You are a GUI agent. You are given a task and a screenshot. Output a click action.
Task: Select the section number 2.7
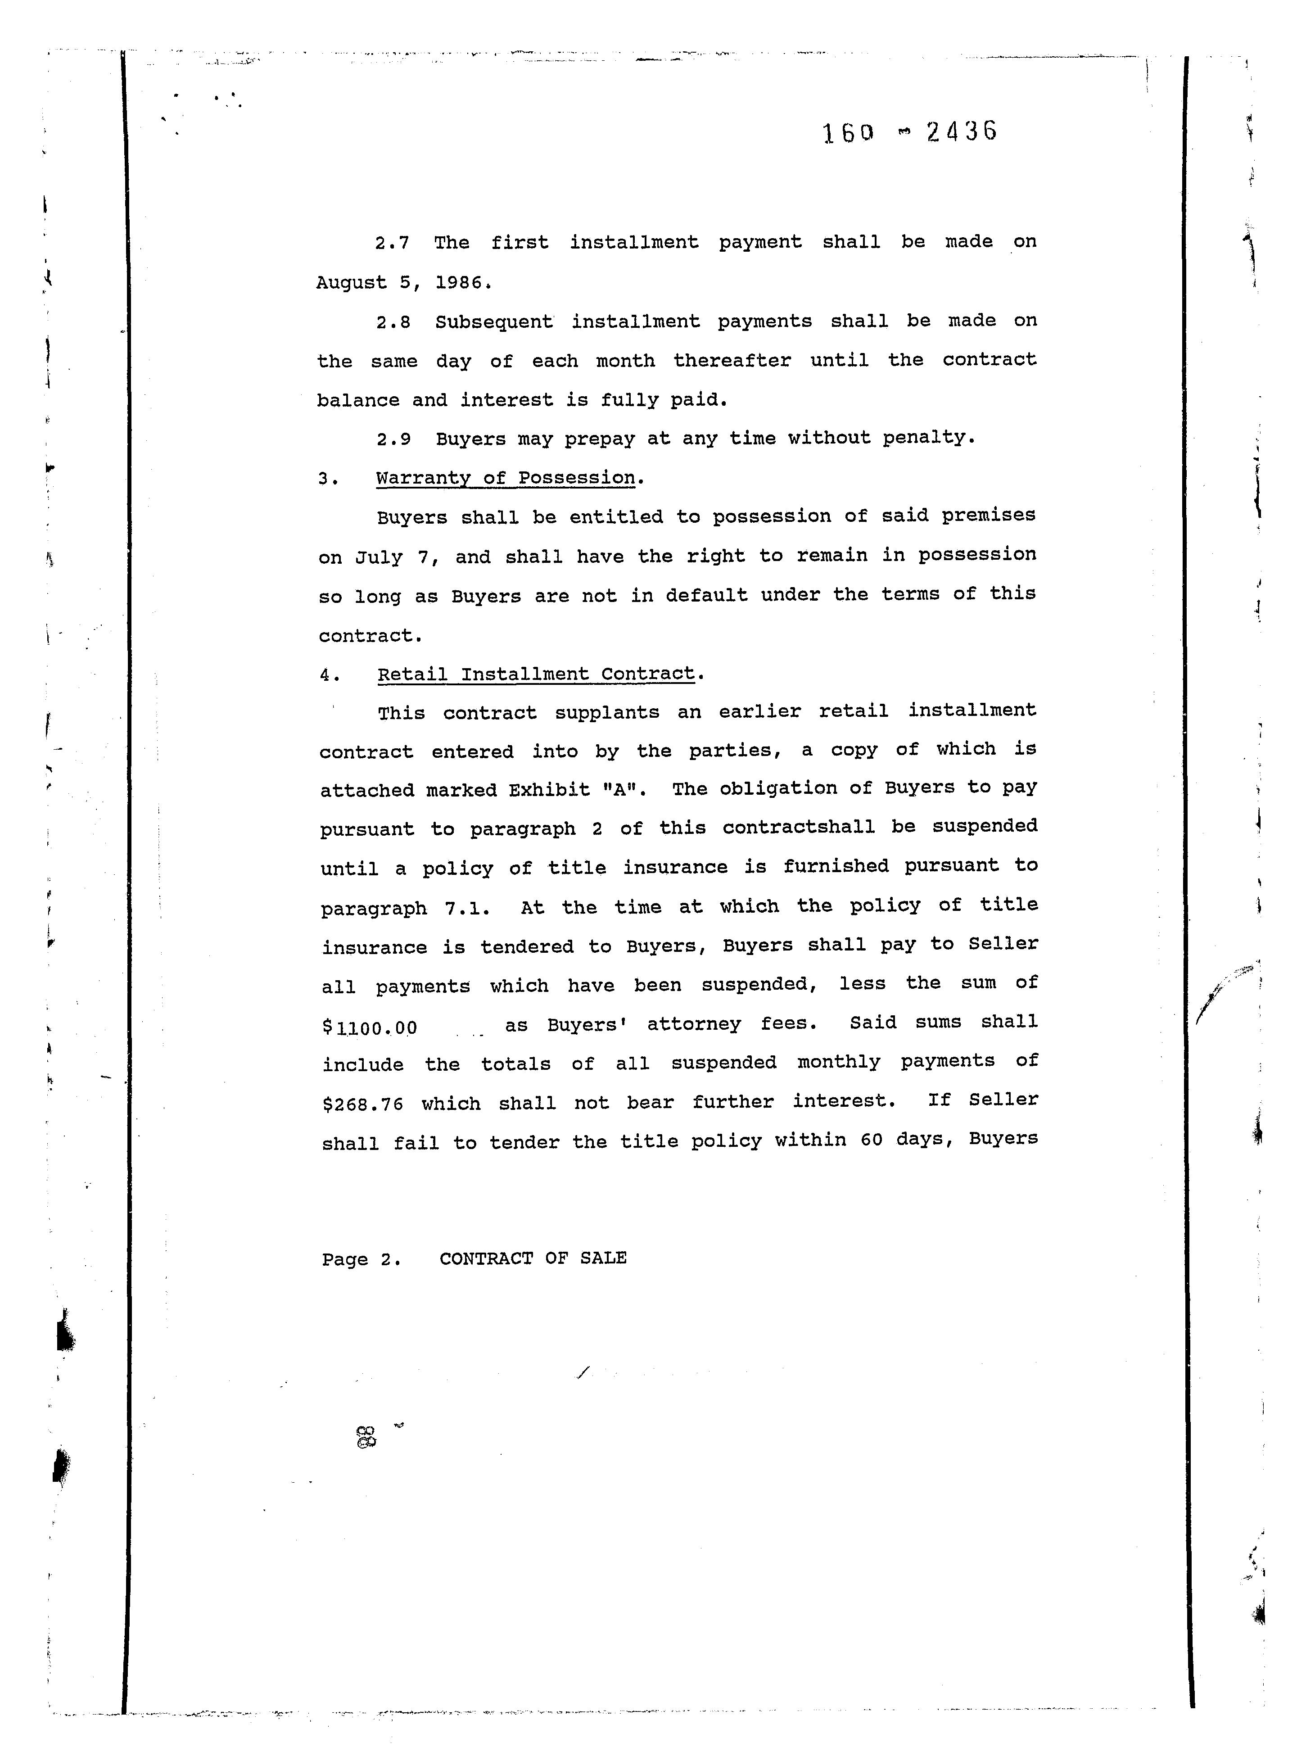pyautogui.click(x=393, y=243)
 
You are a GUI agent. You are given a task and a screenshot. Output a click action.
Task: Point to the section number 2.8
pyautogui.click(x=393, y=323)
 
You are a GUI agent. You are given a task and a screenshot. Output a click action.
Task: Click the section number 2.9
pyautogui.click(x=393, y=439)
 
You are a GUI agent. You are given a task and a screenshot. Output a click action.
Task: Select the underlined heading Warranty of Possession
pyautogui.click(x=506, y=478)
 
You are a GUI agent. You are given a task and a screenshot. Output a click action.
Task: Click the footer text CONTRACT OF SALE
pyautogui.click(x=533, y=1258)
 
